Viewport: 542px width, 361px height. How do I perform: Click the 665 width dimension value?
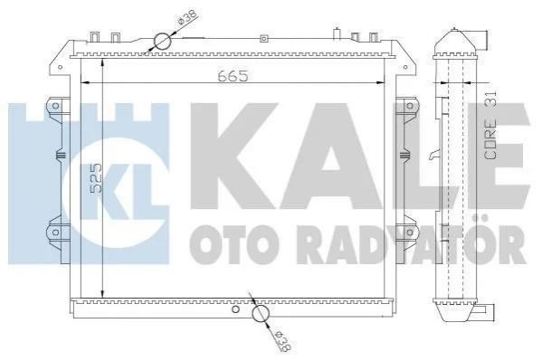[x=233, y=76]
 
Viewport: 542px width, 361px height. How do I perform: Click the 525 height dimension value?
[x=96, y=177]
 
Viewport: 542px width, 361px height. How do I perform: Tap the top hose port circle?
[x=163, y=42]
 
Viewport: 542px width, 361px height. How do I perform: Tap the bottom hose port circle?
[x=261, y=314]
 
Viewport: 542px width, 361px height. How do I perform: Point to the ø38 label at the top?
[x=187, y=17]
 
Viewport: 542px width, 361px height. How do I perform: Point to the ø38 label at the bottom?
[x=282, y=341]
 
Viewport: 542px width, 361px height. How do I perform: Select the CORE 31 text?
[x=490, y=125]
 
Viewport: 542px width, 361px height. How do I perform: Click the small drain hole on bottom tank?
[x=236, y=309]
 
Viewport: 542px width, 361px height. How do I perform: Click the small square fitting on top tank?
[x=263, y=39]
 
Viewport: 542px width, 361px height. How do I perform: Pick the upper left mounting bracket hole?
[x=56, y=106]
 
